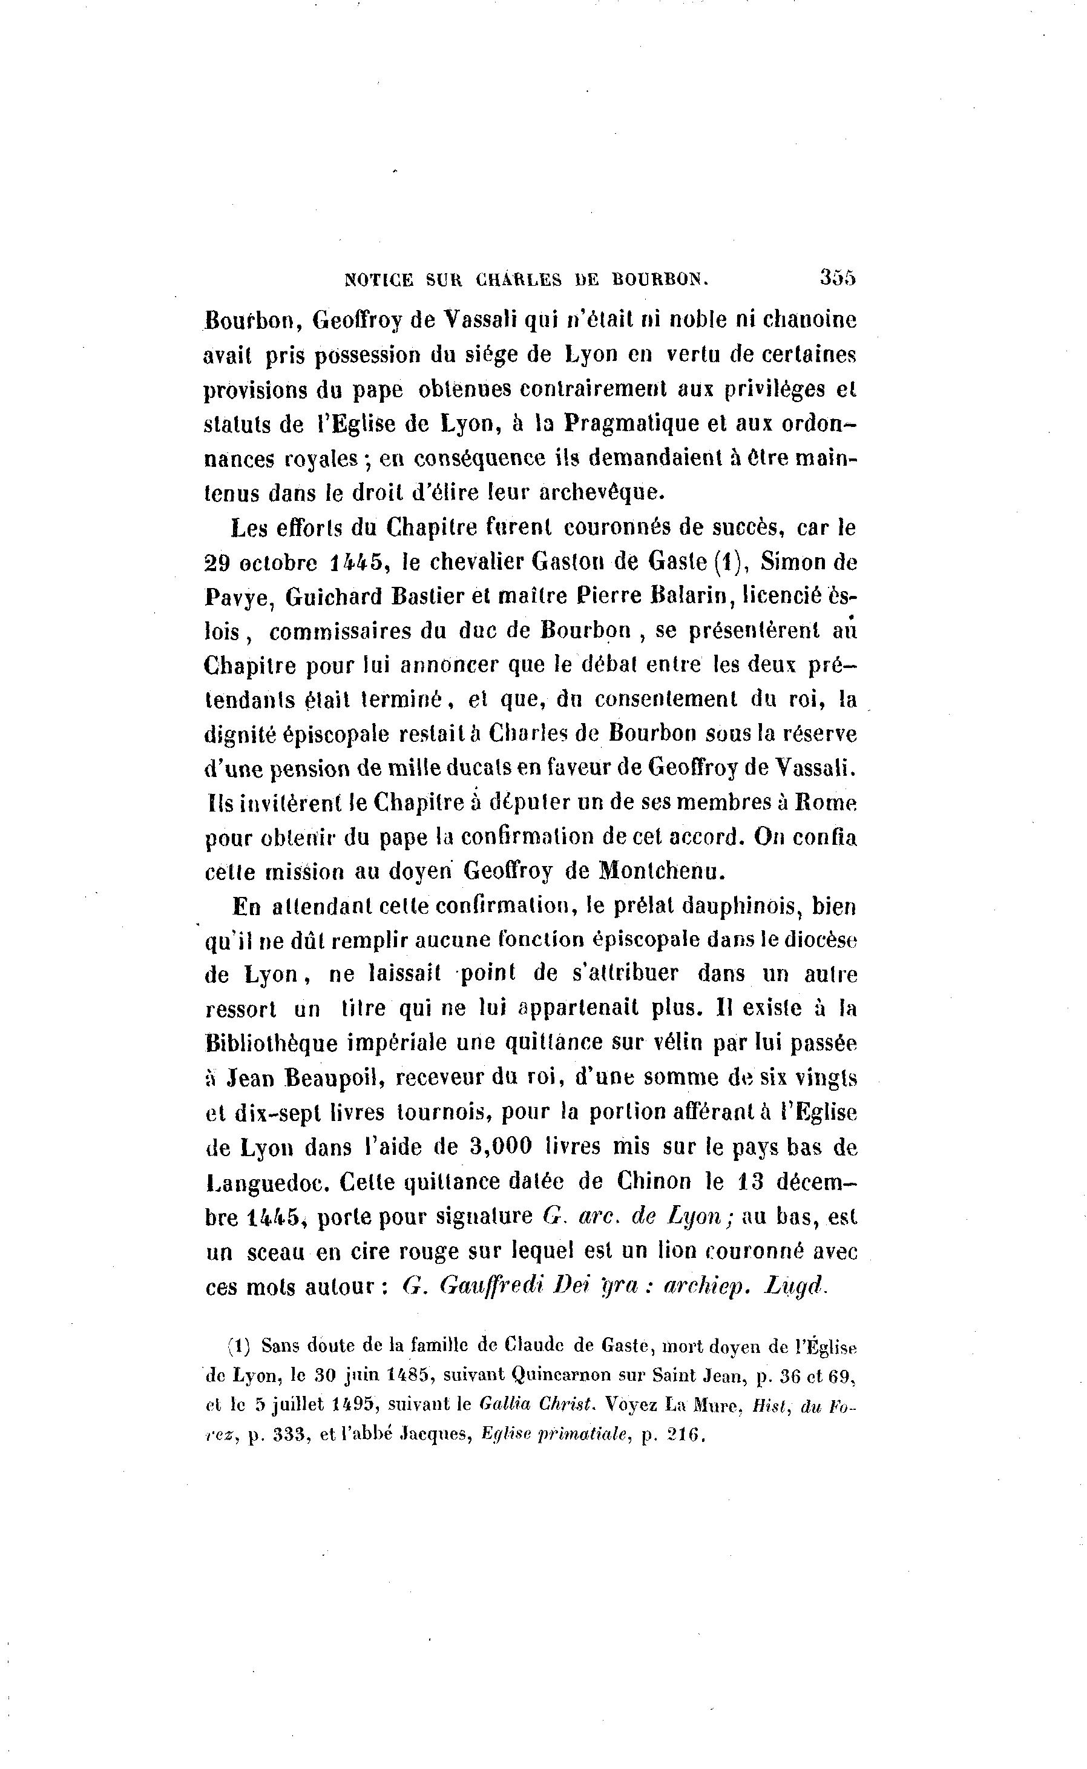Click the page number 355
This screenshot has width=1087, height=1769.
pyautogui.click(x=838, y=278)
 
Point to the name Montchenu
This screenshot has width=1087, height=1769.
pyautogui.click(x=662, y=871)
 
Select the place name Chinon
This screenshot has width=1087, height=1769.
pyautogui.click(x=644, y=1182)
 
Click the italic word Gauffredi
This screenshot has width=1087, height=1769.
pyautogui.click(x=489, y=1286)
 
